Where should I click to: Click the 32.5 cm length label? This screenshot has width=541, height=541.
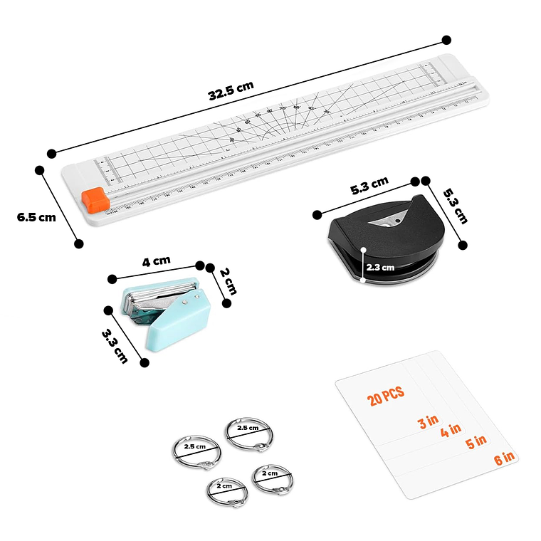tap(231, 91)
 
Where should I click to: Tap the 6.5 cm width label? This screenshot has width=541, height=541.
tap(36, 217)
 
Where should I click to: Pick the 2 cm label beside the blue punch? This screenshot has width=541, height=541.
tap(226, 280)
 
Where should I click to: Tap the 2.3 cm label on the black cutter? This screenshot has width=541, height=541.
tap(380, 268)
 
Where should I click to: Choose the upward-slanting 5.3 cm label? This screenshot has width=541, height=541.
tap(369, 187)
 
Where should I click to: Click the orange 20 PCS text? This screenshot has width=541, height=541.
tap(386, 395)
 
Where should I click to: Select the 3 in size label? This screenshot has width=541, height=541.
tap(428, 423)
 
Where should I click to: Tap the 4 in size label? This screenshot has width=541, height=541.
tap(451, 431)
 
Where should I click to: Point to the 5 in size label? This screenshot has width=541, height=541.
tap(476, 443)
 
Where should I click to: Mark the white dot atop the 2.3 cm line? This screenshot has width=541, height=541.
tap(363, 250)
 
